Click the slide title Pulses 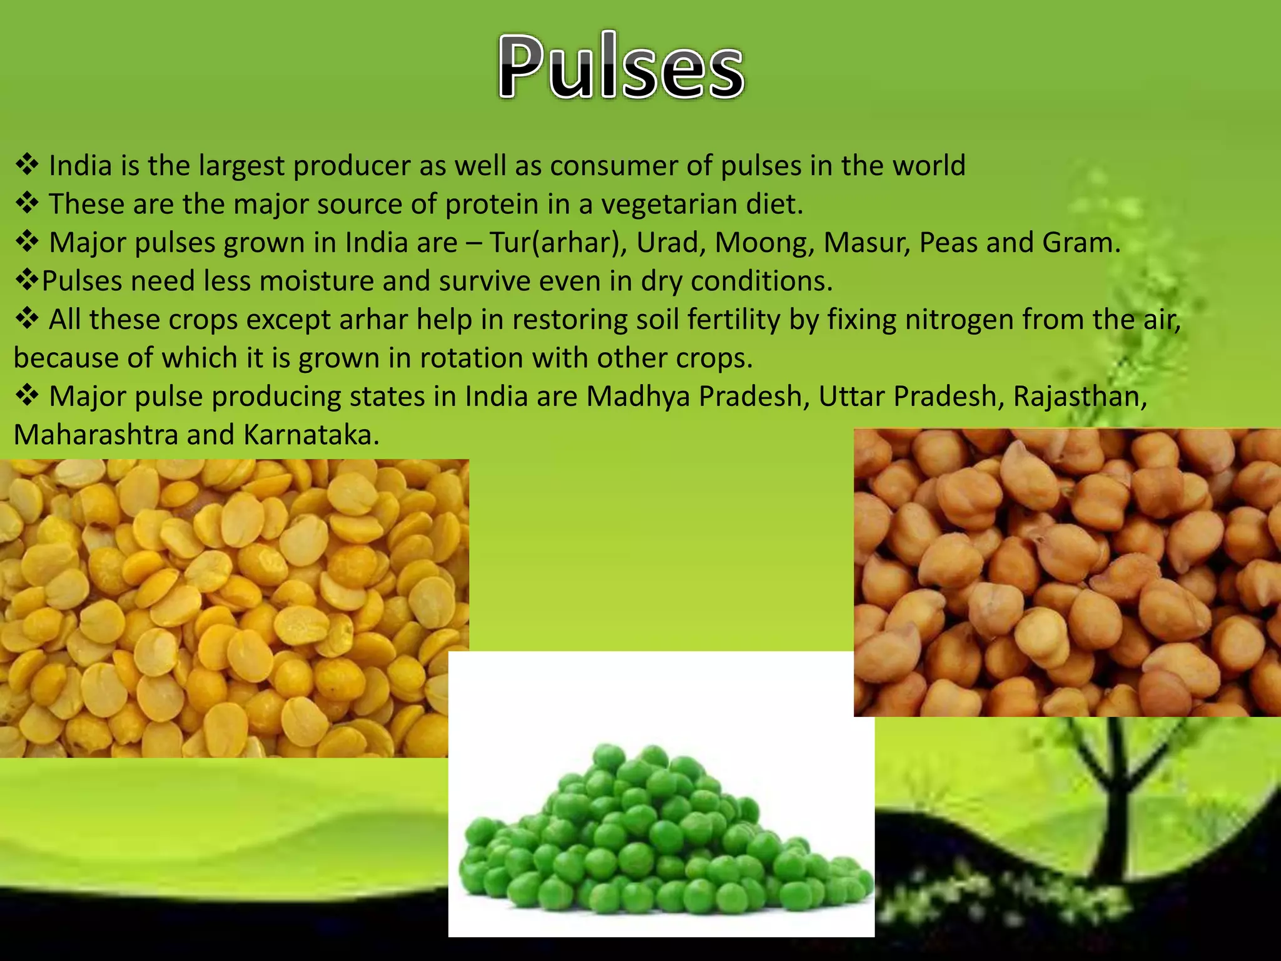[621, 68]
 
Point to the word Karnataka [311, 435]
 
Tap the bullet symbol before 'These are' [27, 204]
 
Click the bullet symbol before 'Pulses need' [27, 281]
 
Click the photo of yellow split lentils [225, 607]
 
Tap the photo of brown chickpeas [1066, 572]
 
